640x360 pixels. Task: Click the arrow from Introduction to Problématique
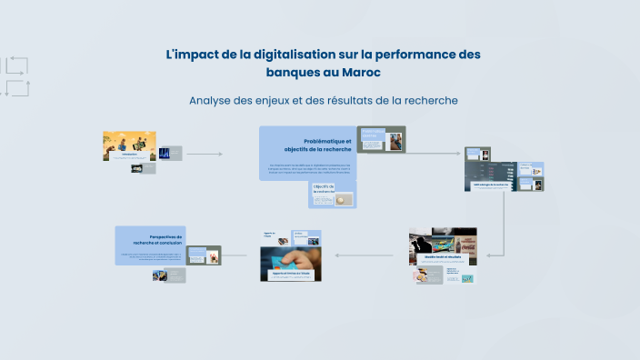coord(204,155)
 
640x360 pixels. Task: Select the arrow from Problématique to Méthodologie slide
coord(435,155)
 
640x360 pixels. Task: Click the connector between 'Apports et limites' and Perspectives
coord(236,255)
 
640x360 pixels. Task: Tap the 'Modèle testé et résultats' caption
coord(442,257)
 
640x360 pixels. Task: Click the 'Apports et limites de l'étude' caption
coord(291,273)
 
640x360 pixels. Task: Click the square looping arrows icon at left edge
coord(15,76)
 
